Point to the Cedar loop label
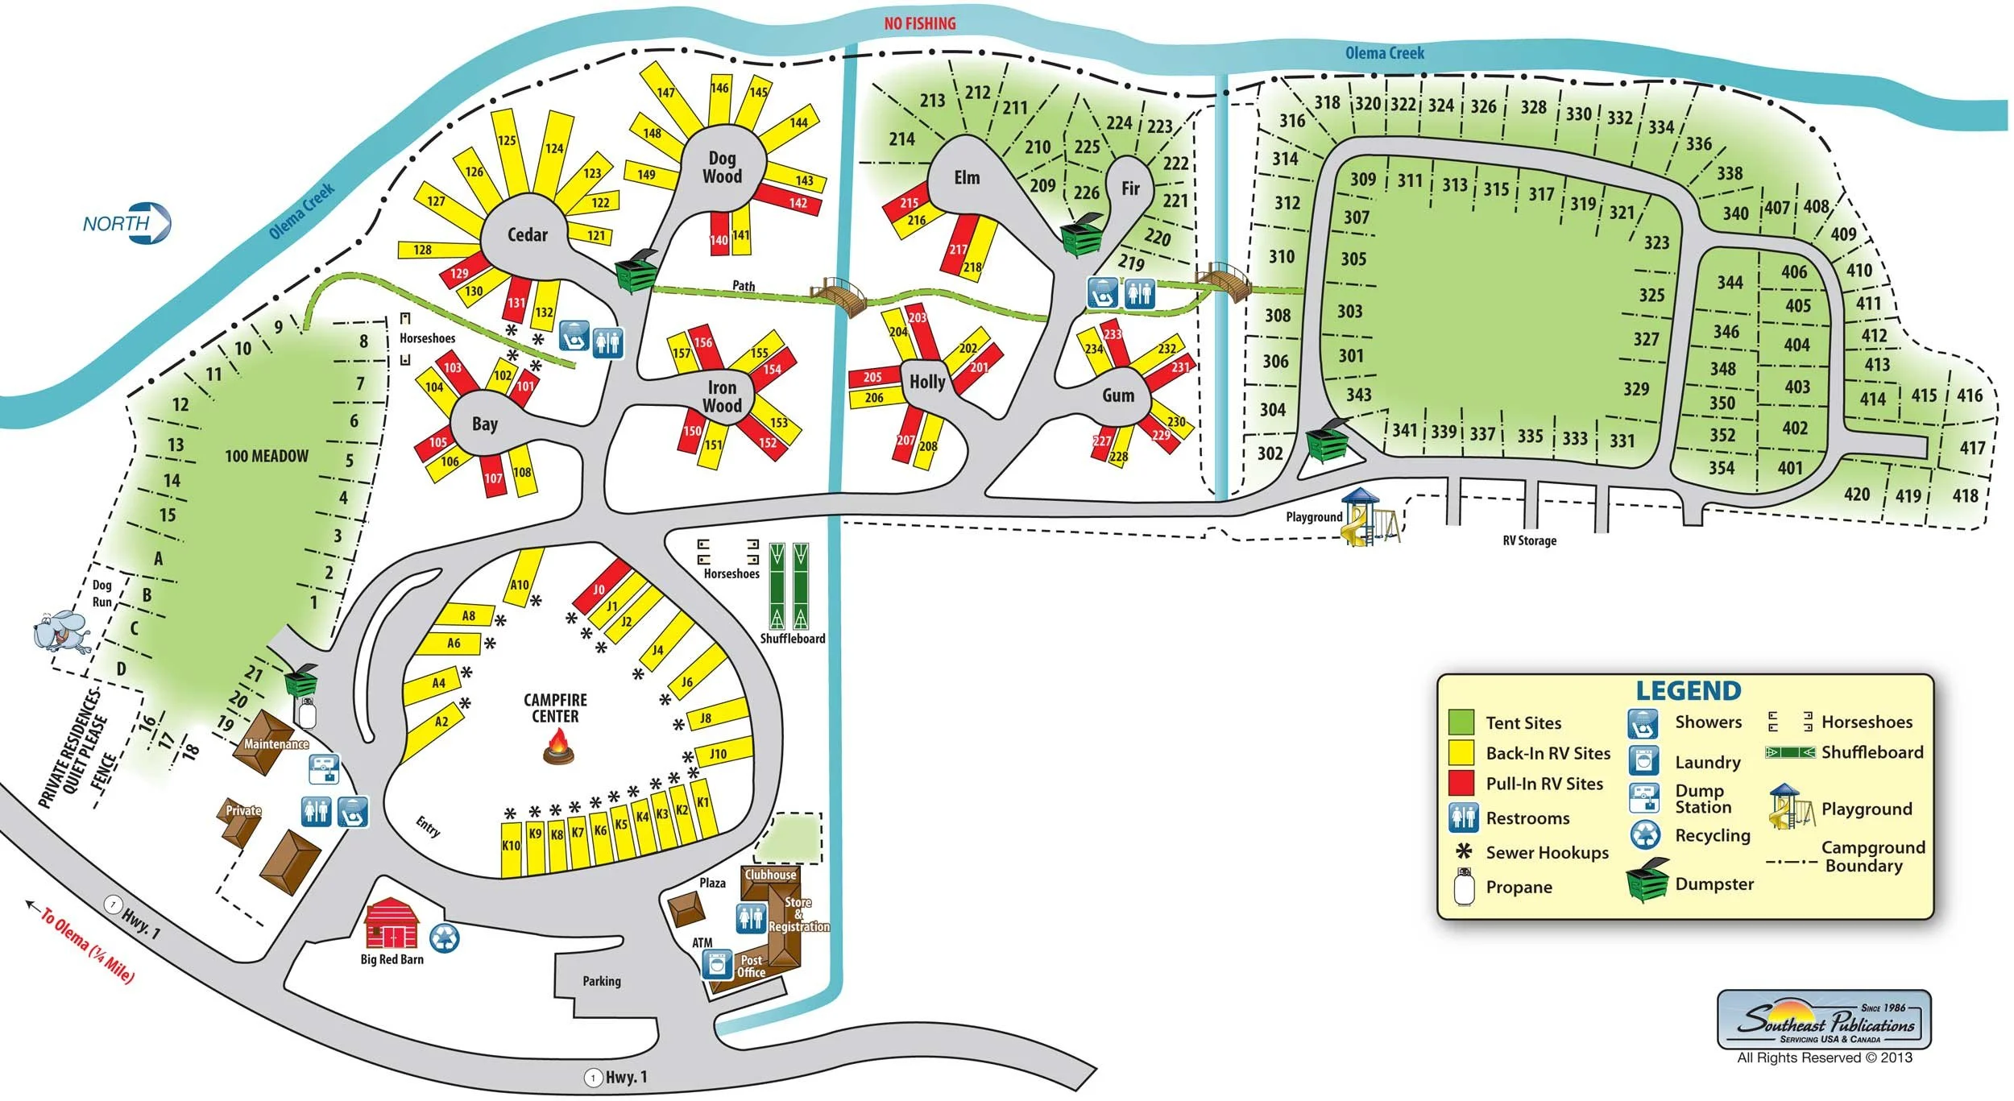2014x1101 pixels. (527, 235)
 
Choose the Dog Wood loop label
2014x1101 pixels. (722, 168)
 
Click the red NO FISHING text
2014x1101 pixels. (919, 24)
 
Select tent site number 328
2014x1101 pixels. (1533, 107)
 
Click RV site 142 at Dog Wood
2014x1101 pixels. (797, 203)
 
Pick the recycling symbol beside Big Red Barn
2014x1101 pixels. (445, 938)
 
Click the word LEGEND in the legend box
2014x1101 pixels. (1688, 691)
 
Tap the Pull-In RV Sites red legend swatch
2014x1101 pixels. (1461, 783)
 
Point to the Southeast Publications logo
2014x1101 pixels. (1825, 1020)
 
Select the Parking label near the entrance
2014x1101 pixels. (602, 981)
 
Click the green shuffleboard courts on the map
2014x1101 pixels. (789, 586)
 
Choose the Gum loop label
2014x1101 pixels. (1118, 395)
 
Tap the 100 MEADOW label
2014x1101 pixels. (267, 456)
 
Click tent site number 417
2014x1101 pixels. (1972, 448)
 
